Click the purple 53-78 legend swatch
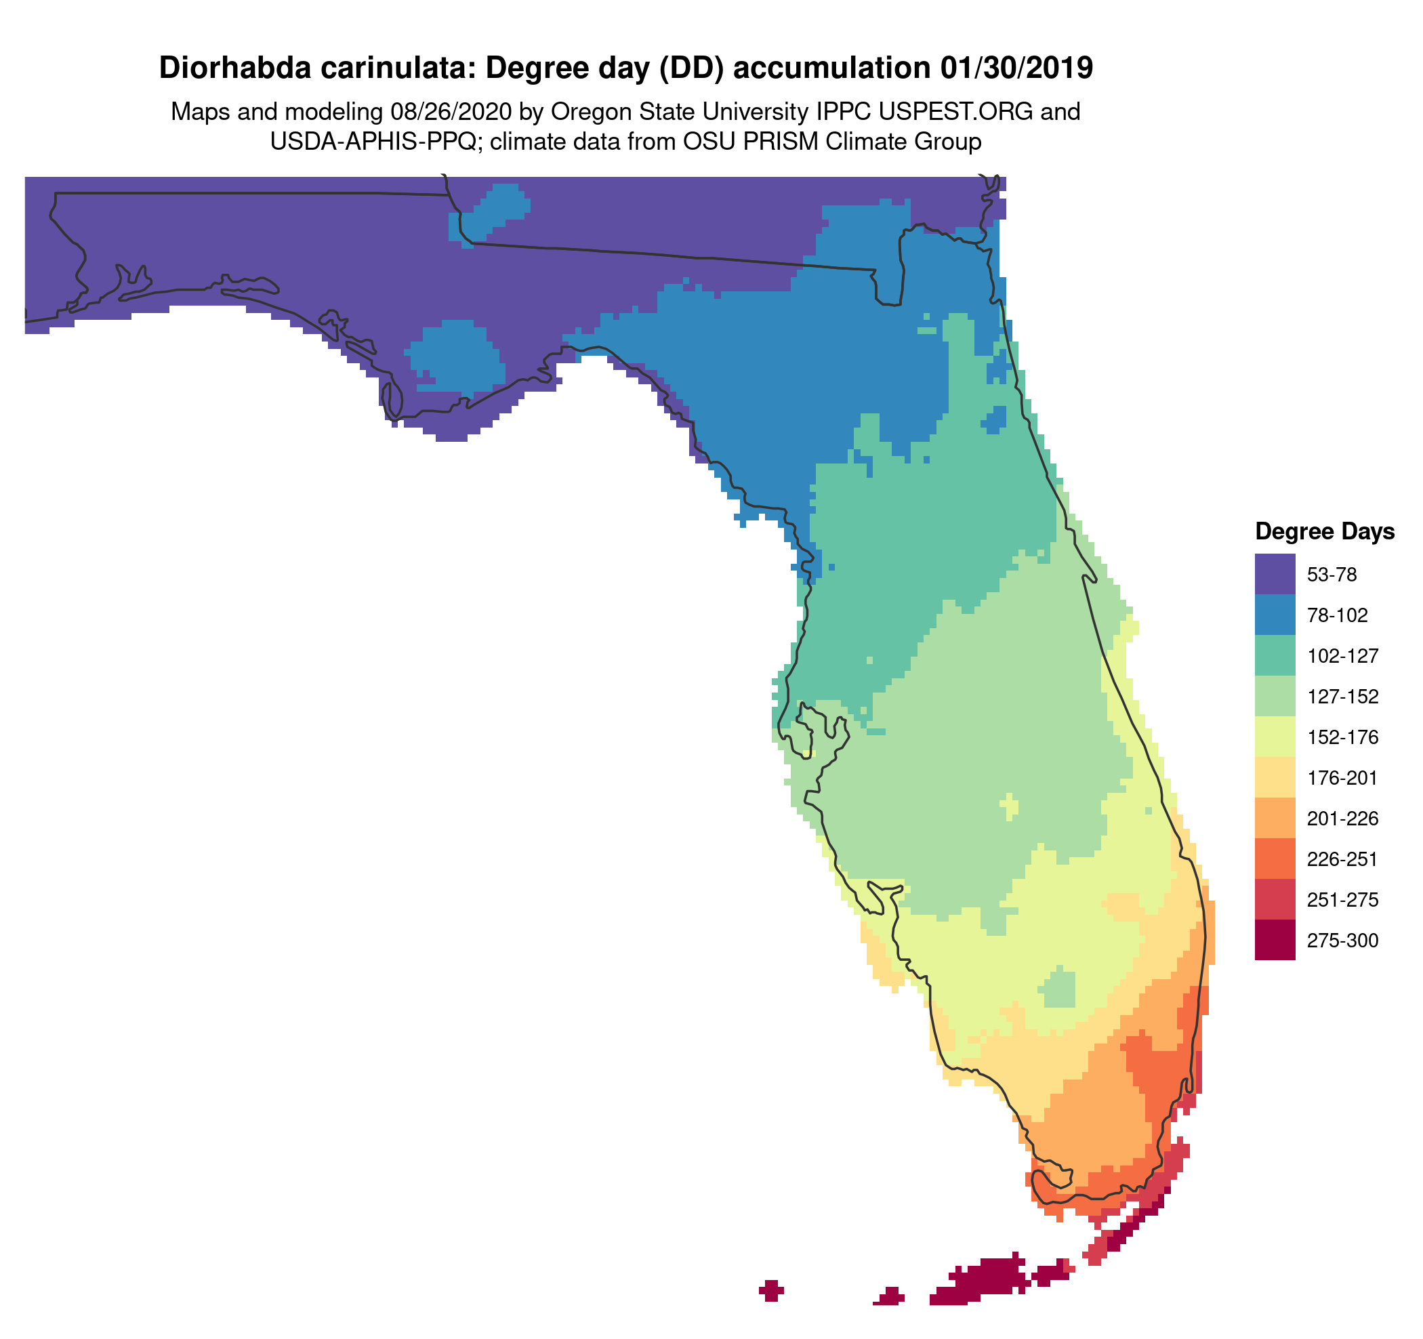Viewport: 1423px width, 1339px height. [1274, 574]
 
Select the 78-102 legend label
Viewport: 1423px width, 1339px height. [1337, 615]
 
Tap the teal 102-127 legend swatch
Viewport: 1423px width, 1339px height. [1274, 655]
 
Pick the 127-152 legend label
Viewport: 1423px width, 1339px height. [1342, 697]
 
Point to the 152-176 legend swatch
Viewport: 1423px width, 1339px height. [1274, 737]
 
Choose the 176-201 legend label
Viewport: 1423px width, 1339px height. [1342, 778]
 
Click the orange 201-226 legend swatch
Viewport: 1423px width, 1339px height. [1274, 818]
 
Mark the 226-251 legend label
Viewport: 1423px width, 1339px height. [1342, 859]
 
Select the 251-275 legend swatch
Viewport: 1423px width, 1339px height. [1274, 900]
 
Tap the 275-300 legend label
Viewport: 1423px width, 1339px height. [1342, 941]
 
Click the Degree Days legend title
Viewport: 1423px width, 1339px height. [1324, 531]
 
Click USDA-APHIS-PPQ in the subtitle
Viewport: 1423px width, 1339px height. [373, 142]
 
